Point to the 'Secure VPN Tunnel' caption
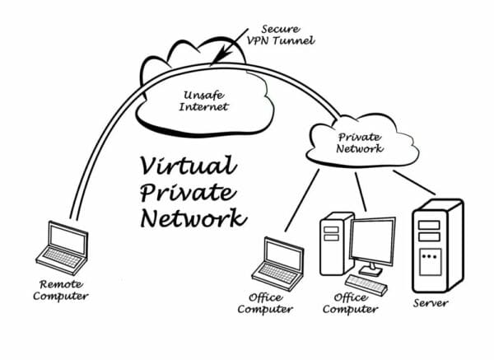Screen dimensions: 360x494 [x=279, y=34]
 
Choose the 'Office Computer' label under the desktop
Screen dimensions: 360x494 [x=350, y=304]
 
